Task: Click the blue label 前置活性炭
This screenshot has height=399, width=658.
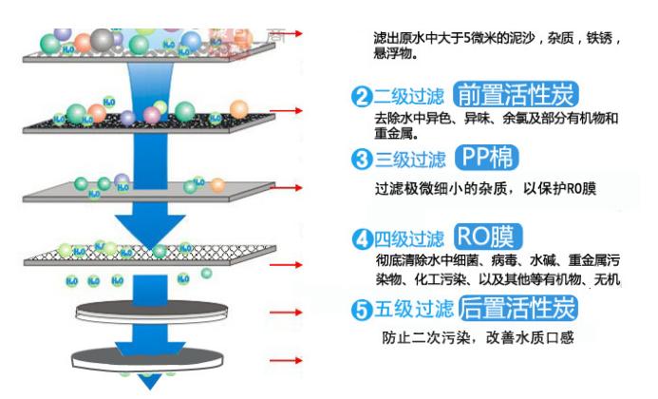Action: coord(517,95)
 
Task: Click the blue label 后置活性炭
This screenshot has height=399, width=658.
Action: coord(518,309)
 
